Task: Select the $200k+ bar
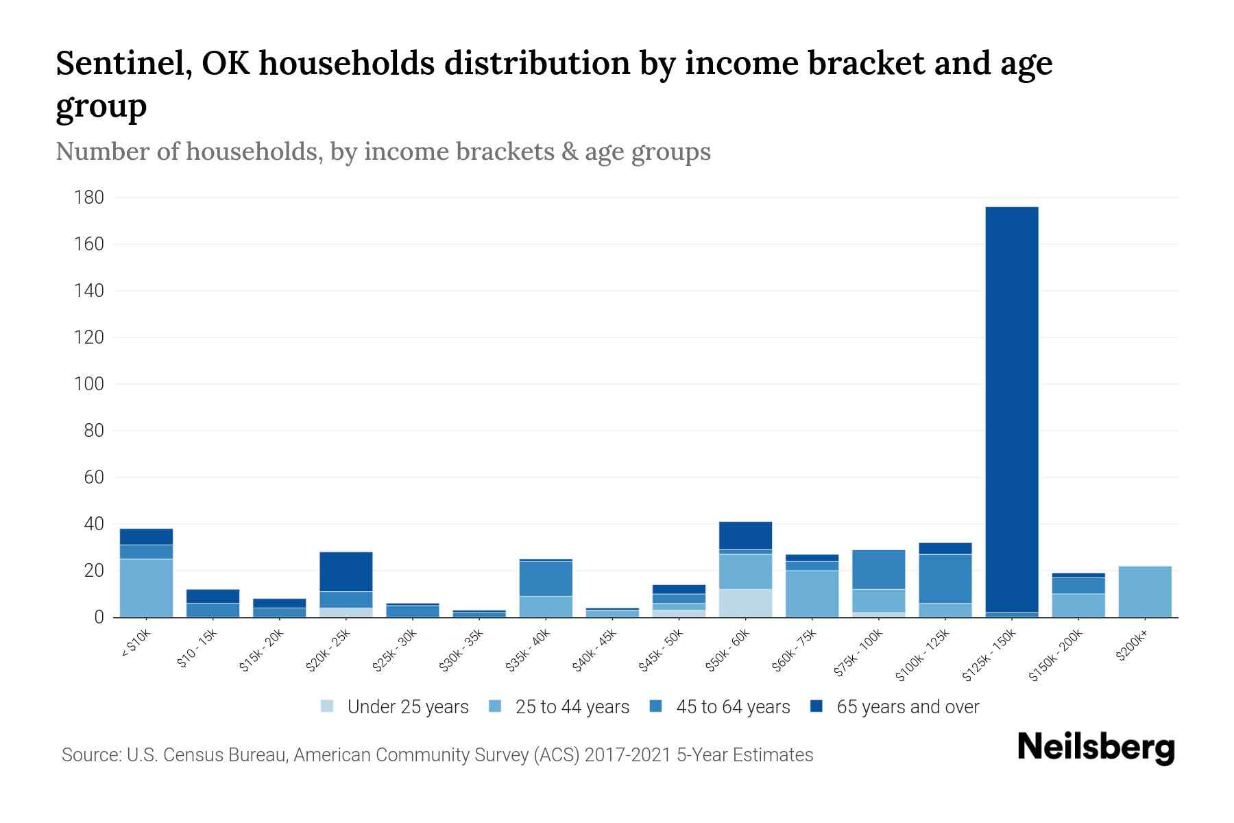(1145, 591)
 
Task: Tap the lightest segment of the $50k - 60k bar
(745, 603)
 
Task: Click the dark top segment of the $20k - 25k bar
(346, 571)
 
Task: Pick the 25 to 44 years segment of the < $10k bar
(146, 588)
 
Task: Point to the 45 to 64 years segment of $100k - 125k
(945, 578)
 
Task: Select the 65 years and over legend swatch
(816, 706)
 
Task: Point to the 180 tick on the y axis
(89, 198)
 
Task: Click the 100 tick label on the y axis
(89, 384)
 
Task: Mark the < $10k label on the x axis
(136, 643)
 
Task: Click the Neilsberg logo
(1096, 748)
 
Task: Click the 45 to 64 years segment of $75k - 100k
(878, 569)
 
